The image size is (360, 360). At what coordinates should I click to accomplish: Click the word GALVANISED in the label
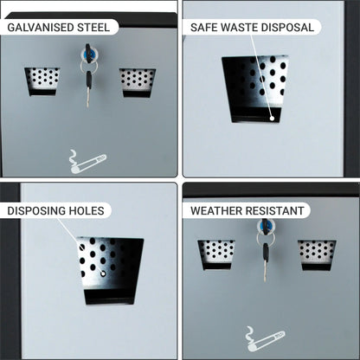pyautogui.click(x=41, y=28)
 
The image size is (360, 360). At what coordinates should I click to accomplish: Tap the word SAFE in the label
pyautogui.click(x=204, y=28)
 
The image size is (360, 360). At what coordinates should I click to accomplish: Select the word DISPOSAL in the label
pyautogui.click(x=287, y=28)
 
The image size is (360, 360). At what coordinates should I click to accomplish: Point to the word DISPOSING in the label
pyautogui.click(x=36, y=211)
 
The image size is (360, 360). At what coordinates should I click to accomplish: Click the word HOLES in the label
pyautogui.click(x=86, y=211)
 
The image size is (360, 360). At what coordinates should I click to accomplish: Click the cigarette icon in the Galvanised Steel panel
pyautogui.click(x=87, y=162)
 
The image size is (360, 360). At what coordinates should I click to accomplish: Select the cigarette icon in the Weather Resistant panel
pyautogui.click(x=265, y=339)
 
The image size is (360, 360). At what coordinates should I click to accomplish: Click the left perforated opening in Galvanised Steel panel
pyautogui.click(x=42, y=81)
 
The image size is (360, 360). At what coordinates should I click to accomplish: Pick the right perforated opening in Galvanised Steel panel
pyautogui.click(x=138, y=83)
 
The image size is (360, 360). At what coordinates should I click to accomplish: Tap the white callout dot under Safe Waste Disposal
pyautogui.click(x=272, y=118)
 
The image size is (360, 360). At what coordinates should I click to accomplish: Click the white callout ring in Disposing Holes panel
pyautogui.click(x=103, y=273)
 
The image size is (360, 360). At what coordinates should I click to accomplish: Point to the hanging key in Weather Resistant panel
pyautogui.click(x=265, y=262)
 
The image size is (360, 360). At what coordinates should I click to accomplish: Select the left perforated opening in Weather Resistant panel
pyautogui.click(x=216, y=254)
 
